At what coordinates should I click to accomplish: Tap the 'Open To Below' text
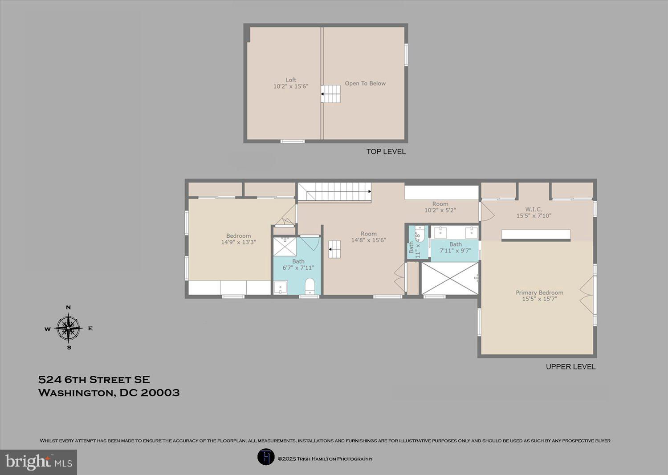365,84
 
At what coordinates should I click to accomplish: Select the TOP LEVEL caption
386,151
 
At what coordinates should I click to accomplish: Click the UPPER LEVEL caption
570,367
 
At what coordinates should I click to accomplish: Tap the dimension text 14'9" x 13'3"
238,242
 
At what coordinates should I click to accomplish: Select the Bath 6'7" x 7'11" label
298,264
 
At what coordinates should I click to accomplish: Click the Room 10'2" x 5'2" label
440,207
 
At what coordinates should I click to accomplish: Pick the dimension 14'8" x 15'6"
369,240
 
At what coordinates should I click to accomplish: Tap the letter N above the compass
68,308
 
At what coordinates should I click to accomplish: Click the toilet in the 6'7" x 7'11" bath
310,286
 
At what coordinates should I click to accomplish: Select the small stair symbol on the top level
330,94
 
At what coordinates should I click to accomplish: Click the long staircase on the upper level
335,191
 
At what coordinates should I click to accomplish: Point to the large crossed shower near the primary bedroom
450,278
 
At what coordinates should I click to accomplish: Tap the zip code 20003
160,393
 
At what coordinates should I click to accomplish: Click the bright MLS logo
38,462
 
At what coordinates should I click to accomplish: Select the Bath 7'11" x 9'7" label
456,248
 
